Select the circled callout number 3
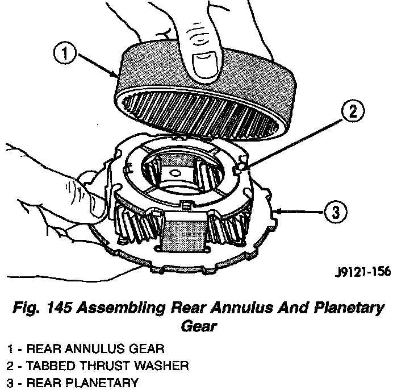point(336,213)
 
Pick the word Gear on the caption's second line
point(200,327)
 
